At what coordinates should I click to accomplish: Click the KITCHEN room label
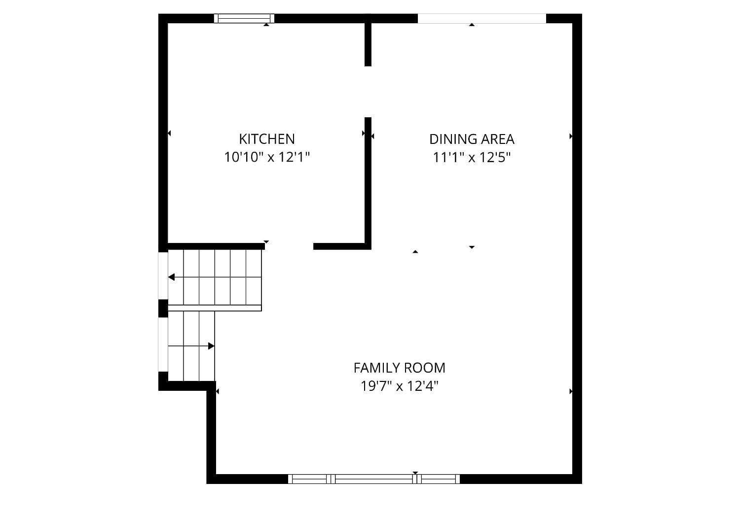point(267,138)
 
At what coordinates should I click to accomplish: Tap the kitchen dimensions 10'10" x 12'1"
point(267,157)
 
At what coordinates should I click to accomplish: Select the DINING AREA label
point(472,139)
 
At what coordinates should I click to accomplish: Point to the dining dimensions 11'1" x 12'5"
point(472,158)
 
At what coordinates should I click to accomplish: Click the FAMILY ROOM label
point(399,368)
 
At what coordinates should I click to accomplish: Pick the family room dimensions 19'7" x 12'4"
point(399,386)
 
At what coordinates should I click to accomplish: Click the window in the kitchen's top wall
point(244,19)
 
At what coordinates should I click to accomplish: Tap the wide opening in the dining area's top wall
point(481,19)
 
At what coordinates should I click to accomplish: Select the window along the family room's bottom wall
point(374,479)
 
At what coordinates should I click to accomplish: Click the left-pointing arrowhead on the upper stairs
point(171,277)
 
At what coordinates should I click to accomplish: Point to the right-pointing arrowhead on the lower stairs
point(211,346)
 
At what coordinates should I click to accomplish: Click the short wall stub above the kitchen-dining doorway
point(368,43)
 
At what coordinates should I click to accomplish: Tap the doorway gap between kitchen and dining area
point(368,92)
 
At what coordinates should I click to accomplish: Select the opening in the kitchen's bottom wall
point(289,246)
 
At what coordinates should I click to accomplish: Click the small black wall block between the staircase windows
point(163,308)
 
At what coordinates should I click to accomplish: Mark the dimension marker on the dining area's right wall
point(571,136)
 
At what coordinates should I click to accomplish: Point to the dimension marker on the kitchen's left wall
point(169,133)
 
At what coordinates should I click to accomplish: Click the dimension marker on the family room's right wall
point(571,391)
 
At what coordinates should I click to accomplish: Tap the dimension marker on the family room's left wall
point(218,391)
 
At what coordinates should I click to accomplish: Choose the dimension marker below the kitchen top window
point(266,24)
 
